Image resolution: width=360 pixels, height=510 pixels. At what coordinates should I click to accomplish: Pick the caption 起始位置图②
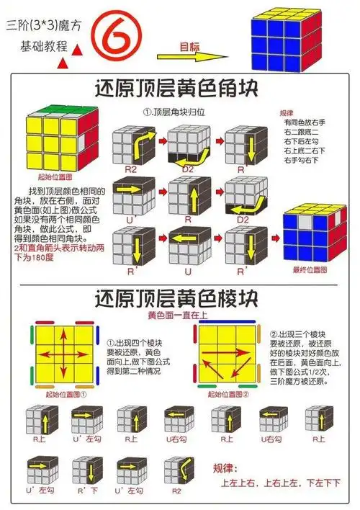click(230, 394)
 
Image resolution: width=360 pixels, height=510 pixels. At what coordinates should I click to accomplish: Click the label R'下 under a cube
click(87, 490)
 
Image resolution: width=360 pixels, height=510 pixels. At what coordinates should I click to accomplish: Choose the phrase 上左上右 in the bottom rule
click(240, 482)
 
